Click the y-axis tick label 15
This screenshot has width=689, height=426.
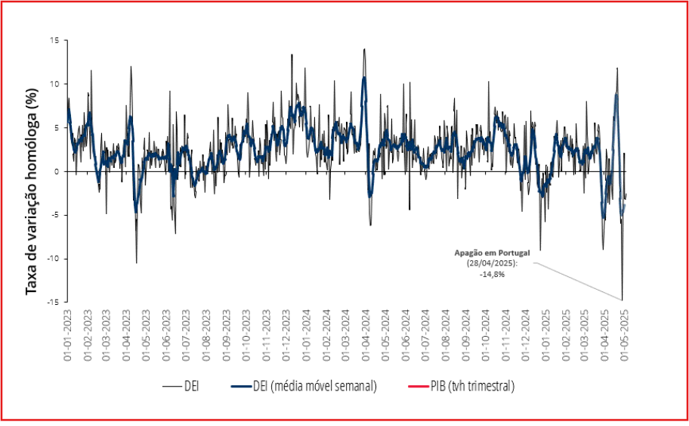[x=54, y=40]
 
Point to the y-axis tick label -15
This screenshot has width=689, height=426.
[x=51, y=302]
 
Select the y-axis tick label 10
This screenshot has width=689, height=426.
[x=54, y=84]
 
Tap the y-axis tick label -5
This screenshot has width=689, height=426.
[x=54, y=215]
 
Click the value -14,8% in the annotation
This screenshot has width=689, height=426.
[x=492, y=274]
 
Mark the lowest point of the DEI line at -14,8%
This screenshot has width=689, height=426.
[x=622, y=300]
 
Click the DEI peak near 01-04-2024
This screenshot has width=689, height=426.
[x=365, y=49]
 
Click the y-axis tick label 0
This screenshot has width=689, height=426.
[x=57, y=171]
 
